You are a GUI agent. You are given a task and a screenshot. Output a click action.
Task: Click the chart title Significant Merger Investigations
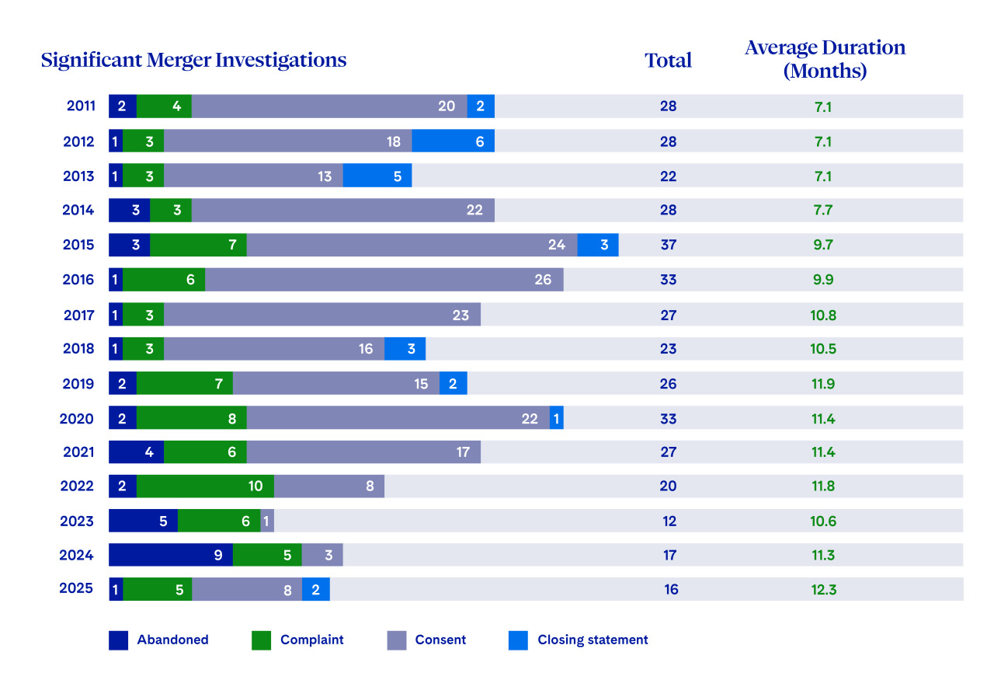tap(193, 60)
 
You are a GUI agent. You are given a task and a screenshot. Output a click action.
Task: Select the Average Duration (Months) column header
tap(825, 59)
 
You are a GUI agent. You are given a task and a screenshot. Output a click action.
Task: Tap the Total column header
tap(668, 61)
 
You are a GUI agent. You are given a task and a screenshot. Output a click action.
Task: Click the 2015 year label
tap(78, 245)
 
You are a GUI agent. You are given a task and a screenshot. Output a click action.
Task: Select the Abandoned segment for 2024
tap(170, 555)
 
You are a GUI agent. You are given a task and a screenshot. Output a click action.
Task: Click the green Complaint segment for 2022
tap(205, 486)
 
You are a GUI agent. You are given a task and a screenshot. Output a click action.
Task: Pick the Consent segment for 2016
tap(384, 280)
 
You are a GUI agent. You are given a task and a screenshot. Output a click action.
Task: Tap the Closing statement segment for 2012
tap(453, 141)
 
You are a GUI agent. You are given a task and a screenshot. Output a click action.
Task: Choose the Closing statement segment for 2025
tap(315, 589)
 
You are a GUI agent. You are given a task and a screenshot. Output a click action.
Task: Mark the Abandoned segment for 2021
tap(136, 452)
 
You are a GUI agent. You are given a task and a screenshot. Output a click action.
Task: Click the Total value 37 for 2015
tap(668, 245)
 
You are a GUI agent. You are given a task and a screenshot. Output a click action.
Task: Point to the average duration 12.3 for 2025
tap(823, 589)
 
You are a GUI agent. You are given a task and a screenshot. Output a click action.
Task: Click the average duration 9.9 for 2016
tap(823, 280)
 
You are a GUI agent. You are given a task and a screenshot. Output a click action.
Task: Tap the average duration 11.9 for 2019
tap(823, 383)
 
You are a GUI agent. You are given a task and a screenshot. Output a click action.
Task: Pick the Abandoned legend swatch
tap(118, 640)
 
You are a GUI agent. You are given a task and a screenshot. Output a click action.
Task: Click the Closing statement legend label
tap(593, 640)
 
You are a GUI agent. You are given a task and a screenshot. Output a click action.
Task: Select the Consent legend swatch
tap(396, 640)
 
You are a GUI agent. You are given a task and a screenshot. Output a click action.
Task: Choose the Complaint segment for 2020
tap(191, 418)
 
